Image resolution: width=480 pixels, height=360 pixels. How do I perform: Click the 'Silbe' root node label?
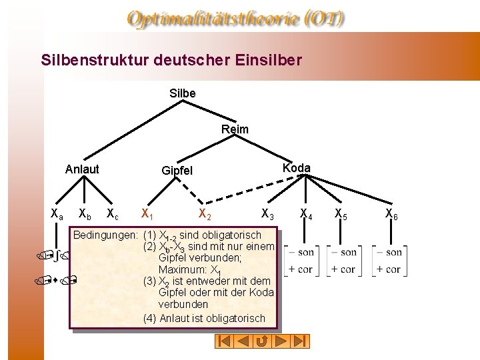point(183,93)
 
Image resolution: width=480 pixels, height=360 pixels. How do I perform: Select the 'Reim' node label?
point(235,129)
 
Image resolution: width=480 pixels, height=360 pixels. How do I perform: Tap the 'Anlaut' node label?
point(82,169)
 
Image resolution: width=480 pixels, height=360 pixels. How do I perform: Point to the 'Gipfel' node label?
point(177,171)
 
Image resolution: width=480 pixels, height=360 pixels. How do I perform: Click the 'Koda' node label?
point(296,168)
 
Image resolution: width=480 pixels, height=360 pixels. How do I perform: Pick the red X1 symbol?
point(147,215)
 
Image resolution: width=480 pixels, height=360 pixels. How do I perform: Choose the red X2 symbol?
point(205,215)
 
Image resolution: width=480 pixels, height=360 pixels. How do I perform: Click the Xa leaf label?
point(57,214)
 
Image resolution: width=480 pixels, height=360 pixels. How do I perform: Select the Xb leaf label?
point(85,215)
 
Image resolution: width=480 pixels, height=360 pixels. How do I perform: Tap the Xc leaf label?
point(113,215)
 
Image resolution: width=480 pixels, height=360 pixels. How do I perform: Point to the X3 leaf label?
point(267,215)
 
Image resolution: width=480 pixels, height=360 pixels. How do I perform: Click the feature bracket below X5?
point(344,261)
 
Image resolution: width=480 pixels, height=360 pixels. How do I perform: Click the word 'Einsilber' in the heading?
point(269,60)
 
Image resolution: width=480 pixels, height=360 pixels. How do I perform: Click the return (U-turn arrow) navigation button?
point(262,341)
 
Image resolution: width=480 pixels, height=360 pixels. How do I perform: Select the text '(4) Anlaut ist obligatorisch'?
point(204,319)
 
